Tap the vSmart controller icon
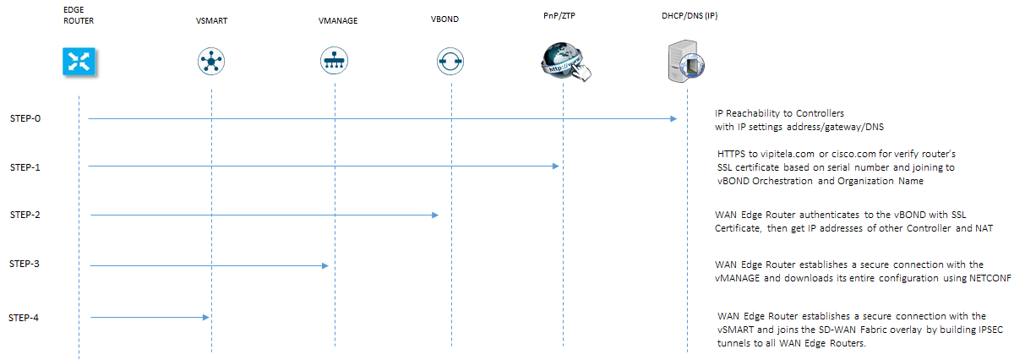[210, 61]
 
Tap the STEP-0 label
[25, 118]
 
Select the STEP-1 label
[25, 166]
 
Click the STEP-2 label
[25, 215]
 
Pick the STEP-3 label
[25, 265]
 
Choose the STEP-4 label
[25, 318]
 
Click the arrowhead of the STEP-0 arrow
[674, 119]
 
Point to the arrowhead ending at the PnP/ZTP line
[557, 166]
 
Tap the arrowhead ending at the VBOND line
[435, 215]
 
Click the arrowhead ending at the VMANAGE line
[324, 266]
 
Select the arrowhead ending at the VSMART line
[205, 318]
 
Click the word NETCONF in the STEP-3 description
[990, 278]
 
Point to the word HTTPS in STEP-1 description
[731, 153]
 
